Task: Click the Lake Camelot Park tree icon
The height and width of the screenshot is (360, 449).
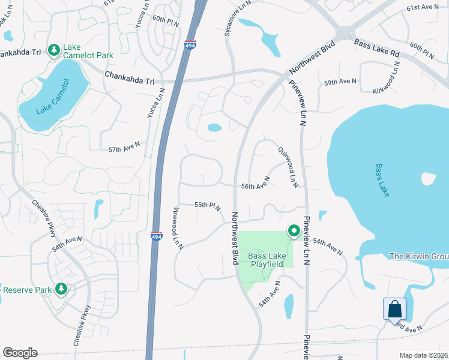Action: (53, 49)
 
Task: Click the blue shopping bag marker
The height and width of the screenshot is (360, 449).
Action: (395, 309)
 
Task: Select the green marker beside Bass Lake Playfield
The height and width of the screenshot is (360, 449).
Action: (294, 230)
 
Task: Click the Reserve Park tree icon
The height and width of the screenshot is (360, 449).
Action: (61, 290)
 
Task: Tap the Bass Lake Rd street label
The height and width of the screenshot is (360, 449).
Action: (377, 49)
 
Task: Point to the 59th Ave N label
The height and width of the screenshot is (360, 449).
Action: (340, 82)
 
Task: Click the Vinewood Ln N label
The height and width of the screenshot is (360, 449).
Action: (177, 228)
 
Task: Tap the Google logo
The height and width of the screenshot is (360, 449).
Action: (20, 353)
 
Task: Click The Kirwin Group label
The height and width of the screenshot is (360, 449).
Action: (418, 257)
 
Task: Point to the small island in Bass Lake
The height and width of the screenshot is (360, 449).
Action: (428, 179)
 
